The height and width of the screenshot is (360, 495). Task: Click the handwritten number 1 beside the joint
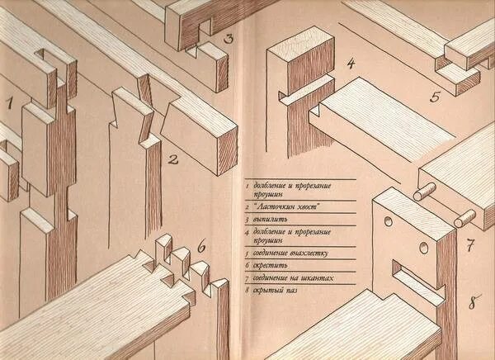[10, 103]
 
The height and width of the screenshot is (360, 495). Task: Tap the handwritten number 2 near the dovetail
[173, 159]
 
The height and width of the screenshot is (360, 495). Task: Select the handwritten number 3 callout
[229, 38]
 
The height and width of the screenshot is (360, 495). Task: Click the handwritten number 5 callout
[435, 97]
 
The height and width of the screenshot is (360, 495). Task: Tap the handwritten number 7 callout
[469, 246]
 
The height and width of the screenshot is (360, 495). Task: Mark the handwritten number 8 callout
[474, 302]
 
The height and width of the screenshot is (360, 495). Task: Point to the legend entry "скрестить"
[274, 266]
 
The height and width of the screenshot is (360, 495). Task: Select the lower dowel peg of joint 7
[465, 220]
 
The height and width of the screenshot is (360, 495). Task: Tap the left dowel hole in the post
[386, 223]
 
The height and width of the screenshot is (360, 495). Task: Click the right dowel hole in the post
[423, 248]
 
